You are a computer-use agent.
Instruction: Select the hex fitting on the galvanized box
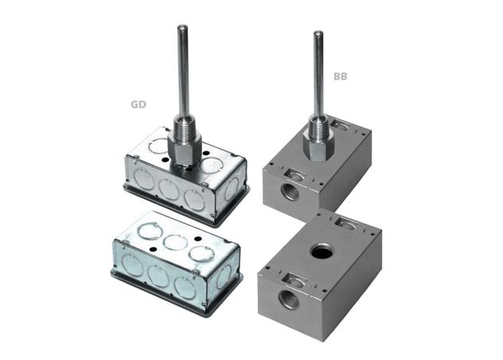185,143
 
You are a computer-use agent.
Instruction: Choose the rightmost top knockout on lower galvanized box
199,254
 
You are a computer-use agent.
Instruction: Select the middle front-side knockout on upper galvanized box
167,190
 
